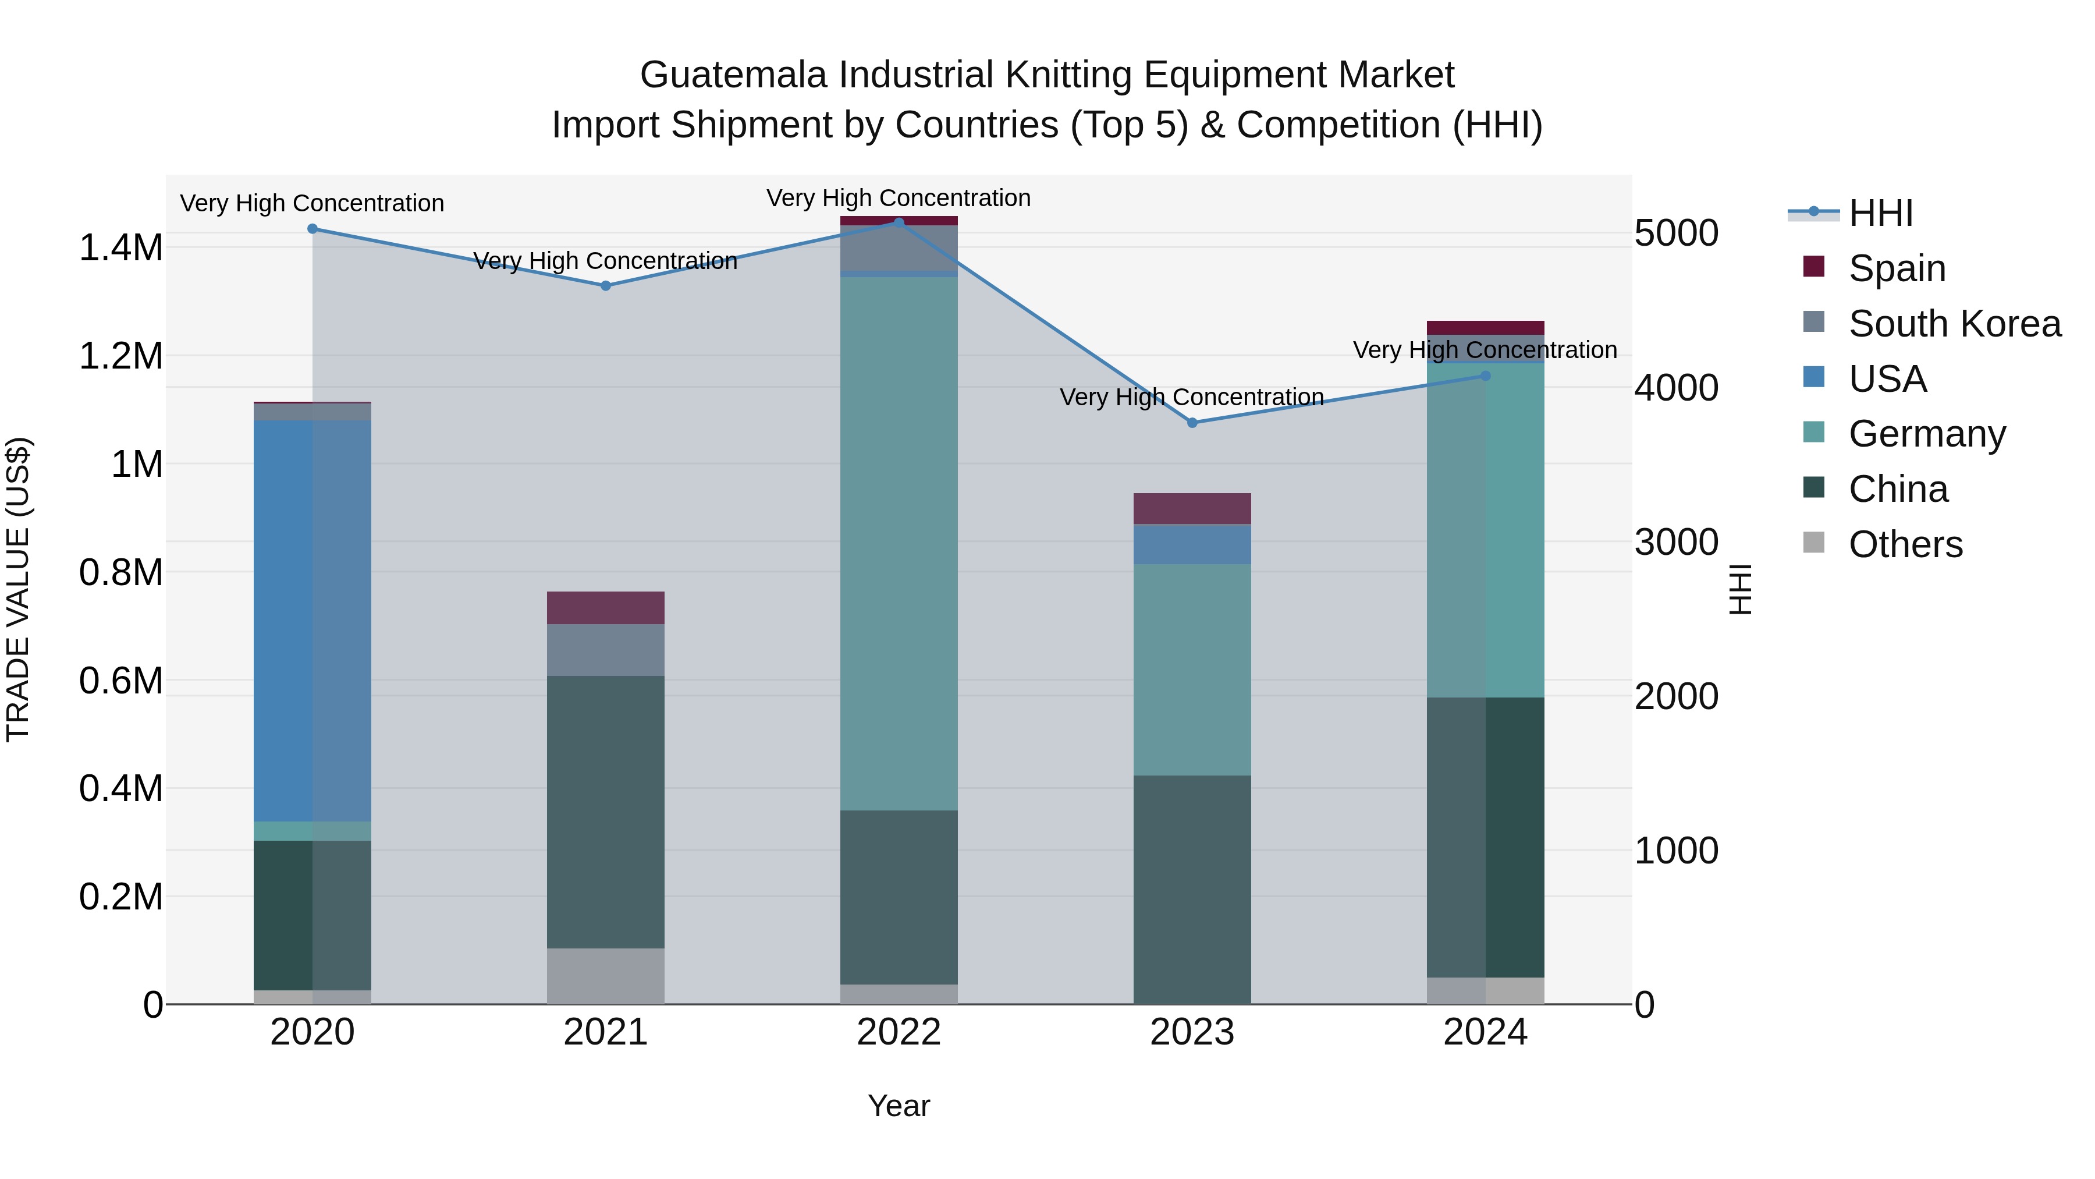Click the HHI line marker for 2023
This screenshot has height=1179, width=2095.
[x=1192, y=422]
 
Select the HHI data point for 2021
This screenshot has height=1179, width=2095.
[x=605, y=286]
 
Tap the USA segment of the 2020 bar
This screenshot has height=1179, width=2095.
[x=313, y=620]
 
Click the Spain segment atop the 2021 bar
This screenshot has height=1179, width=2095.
[x=605, y=607]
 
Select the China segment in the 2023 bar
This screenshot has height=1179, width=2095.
[x=1192, y=888]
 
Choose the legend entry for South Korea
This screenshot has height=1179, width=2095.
[x=1954, y=324]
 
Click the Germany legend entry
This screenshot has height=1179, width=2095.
[x=1927, y=434]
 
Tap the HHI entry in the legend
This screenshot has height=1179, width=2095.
[x=1880, y=213]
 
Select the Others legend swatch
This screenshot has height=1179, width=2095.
[x=1813, y=543]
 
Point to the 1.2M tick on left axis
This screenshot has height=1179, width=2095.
[x=121, y=356]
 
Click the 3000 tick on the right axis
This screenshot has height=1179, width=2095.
[x=1676, y=542]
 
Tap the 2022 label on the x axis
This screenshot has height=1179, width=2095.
[x=899, y=1032]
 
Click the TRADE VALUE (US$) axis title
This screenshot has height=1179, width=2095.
[x=18, y=589]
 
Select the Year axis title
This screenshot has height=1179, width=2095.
[x=899, y=1106]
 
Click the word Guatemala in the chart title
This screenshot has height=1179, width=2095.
[x=734, y=75]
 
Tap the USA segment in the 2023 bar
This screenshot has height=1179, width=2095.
[x=1192, y=544]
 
